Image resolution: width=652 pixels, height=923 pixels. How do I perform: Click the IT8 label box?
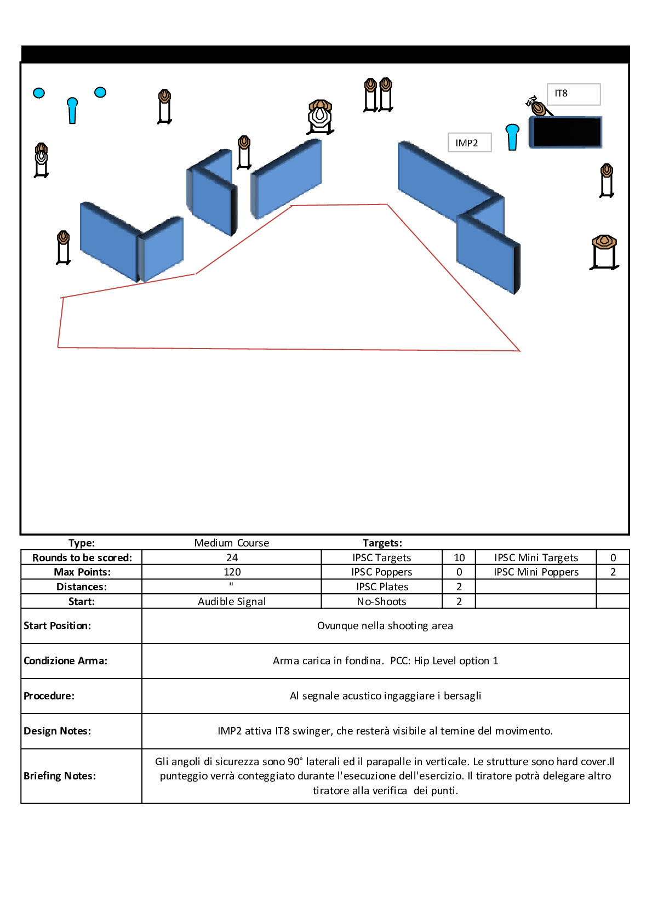(x=573, y=94)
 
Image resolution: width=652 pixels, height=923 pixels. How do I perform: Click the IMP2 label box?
(x=469, y=143)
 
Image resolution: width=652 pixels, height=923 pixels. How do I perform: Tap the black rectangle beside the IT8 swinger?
(x=566, y=132)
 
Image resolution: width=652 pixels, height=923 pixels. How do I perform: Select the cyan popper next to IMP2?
(x=512, y=136)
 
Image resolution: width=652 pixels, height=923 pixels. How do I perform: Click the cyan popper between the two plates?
(x=72, y=110)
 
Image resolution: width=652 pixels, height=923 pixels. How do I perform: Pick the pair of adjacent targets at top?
(x=378, y=95)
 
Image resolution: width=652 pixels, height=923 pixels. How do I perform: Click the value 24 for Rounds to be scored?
(x=232, y=557)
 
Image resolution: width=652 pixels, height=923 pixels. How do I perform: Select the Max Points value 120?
(x=232, y=572)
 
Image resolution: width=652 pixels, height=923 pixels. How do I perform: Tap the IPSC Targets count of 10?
(x=459, y=557)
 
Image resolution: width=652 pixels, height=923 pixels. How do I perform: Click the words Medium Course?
(x=232, y=543)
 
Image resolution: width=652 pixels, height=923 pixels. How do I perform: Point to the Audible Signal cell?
(x=232, y=601)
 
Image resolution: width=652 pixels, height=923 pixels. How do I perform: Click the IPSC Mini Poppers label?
(x=536, y=572)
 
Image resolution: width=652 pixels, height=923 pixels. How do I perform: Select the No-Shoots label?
(x=381, y=601)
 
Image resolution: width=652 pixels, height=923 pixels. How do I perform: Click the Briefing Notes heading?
(x=60, y=776)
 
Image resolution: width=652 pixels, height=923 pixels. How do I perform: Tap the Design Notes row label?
(x=58, y=731)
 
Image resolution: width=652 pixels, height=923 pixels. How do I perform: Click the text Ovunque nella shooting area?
(x=385, y=625)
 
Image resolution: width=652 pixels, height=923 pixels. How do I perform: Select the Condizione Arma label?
(x=65, y=660)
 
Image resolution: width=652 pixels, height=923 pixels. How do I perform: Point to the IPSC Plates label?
(x=382, y=586)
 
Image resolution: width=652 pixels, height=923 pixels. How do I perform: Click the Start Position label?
(x=58, y=625)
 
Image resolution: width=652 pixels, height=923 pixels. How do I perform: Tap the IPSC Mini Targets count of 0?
(x=613, y=557)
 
